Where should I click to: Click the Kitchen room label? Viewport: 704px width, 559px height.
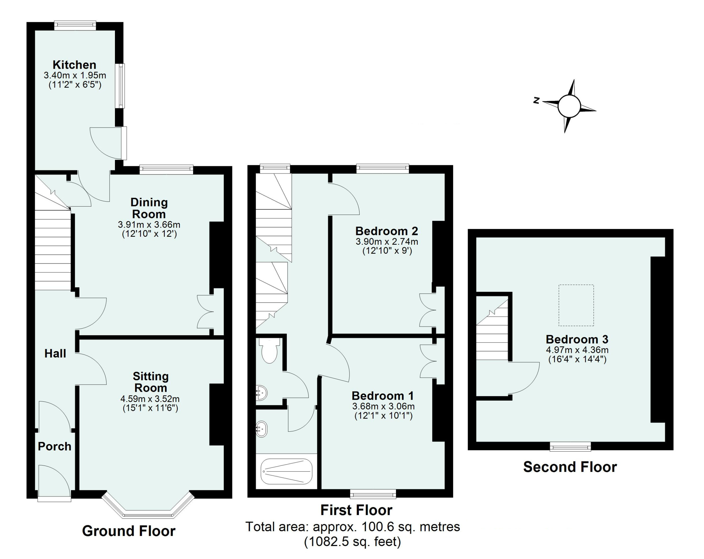tap(75, 65)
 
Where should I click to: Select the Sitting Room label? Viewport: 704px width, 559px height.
tap(150, 382)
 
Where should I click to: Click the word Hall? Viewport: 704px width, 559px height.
tap(55, 353)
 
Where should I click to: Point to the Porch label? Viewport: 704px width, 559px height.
tap(54, 446)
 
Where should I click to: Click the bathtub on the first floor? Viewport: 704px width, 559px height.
tap(286, 472)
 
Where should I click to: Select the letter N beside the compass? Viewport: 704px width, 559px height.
tap(536, 100)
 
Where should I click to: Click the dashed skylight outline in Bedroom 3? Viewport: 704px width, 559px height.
tap(576, 305)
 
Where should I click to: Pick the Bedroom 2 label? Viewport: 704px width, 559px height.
tap(387, 231)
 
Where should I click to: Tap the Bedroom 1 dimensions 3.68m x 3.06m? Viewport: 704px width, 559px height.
tap(383, 406)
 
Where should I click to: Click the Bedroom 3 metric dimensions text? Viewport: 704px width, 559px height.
tap(577, 350)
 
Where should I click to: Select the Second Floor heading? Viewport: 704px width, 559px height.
tap(570, 467)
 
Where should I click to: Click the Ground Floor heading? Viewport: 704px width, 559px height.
tap(129, 531)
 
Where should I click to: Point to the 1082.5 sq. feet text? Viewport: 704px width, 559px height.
tap(353, 542)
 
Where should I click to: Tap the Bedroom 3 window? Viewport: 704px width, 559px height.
tap(570, 446)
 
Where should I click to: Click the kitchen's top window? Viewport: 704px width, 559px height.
tap(75, 26)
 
